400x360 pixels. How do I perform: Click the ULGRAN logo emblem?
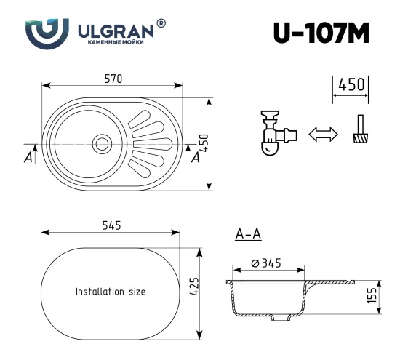[x=47, y=33]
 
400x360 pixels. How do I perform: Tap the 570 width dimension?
[x=111, y=78]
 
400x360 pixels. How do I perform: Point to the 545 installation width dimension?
[x=111, y=225]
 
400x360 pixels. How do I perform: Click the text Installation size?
[x=111, y=292]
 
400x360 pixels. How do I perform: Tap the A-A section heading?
[x=248, y=233]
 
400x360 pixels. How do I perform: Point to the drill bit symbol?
[x=359, y=131]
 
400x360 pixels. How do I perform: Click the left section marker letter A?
[x=28, y=157]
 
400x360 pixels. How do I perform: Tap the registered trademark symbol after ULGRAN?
[x=161, y=24]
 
